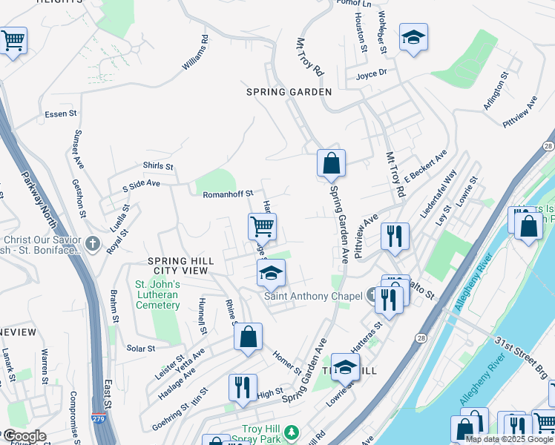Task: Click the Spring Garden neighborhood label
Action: click(x=289, y=91)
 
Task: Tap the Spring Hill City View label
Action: click(x=181, y=266)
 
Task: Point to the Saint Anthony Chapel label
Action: click(x=313, y=297)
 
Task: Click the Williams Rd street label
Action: click(x=193, y=53)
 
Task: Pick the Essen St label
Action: click(x=61, y=113)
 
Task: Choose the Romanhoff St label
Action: click(x=229, y=194)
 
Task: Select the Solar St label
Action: click(x=140, y=348)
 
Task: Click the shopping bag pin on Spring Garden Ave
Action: click(x=330, y=163)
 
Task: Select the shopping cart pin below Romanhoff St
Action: click(x=262, y=226)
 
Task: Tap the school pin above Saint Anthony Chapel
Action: click(x=271, y=273)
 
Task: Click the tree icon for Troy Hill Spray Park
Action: click(x=292, y=431)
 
